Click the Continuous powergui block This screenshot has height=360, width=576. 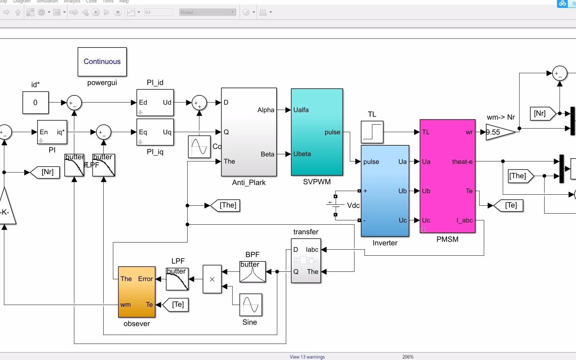[x=102, y=62]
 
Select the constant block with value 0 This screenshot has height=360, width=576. [x=35, y=102]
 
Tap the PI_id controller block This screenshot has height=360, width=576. [x=155, y=102]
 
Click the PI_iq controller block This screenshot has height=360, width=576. [x=155, y=132]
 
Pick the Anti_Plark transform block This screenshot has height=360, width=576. [x=249, y=132]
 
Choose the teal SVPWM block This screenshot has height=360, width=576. [x=317, y=132]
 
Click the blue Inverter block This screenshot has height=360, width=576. [x=385, y=191]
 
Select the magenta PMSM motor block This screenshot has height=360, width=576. [x=447, y=176]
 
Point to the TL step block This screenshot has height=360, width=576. [x=372, y=132]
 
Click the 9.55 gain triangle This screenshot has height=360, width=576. [x=498, y=132]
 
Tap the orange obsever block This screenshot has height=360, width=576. [x=137, y=292]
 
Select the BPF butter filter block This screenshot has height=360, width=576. [x=253, y=272]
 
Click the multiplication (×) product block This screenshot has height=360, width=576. [x=212, y=279]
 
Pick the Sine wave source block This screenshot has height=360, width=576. [x=250, y=305]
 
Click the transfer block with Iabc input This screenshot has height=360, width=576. [x=306, y=261]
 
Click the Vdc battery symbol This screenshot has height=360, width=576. [x=336, y=205]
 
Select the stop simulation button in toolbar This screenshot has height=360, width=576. [x=118, y=12]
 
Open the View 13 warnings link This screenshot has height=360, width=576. [x=307, y=357]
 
